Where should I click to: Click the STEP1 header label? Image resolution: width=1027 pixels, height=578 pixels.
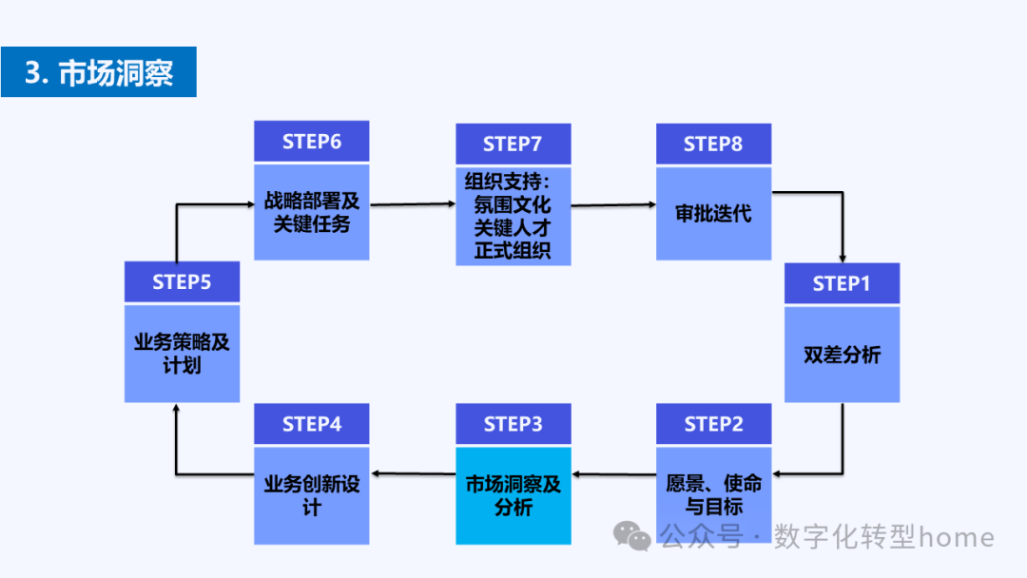842,283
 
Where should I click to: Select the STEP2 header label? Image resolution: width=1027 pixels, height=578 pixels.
713,424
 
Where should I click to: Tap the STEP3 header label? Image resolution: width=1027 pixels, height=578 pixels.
513,424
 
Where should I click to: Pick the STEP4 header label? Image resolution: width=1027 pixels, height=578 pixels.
311,424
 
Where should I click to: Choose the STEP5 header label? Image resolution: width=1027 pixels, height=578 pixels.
182,282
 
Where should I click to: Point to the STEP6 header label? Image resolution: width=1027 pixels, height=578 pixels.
311,142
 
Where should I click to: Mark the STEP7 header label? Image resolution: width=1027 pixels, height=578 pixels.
513,144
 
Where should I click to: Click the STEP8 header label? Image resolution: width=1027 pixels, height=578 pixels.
713,144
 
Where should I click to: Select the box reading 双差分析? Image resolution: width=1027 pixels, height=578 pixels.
842,355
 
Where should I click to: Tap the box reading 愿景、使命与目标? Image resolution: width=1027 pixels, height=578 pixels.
713,495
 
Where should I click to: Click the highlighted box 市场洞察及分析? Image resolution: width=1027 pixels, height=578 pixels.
513,495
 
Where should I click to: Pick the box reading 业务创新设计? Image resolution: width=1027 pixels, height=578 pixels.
311,495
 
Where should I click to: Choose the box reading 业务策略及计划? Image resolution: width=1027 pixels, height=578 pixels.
182,354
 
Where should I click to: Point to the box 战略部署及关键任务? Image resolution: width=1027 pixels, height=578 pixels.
311,212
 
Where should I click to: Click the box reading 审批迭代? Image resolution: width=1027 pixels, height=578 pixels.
713,214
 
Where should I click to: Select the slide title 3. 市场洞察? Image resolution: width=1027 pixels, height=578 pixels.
99,72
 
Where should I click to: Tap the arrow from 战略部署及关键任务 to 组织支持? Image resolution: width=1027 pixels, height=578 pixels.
412,203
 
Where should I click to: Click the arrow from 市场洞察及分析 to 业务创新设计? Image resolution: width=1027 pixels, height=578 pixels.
412,472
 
